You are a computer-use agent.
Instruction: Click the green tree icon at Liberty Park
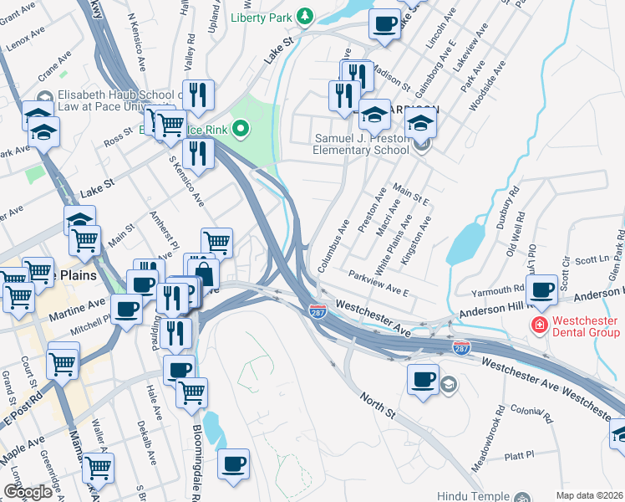click(x=306, y=16)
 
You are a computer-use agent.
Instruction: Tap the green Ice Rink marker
click(x=241, y=129)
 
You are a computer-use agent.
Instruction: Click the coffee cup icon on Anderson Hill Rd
click(x=543, y=289)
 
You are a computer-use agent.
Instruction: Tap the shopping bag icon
click(x=203, y=272)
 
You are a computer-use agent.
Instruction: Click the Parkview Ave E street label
click(x=379, y=282)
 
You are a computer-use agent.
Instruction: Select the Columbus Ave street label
click(x=333, y=245)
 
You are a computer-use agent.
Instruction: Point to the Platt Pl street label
click(x=519, y=455)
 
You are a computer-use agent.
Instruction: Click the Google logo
click(x=28, y=492)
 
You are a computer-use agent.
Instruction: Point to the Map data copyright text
click(x=589, y=495)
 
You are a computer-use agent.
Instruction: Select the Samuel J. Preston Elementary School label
click(x=360, y=144)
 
